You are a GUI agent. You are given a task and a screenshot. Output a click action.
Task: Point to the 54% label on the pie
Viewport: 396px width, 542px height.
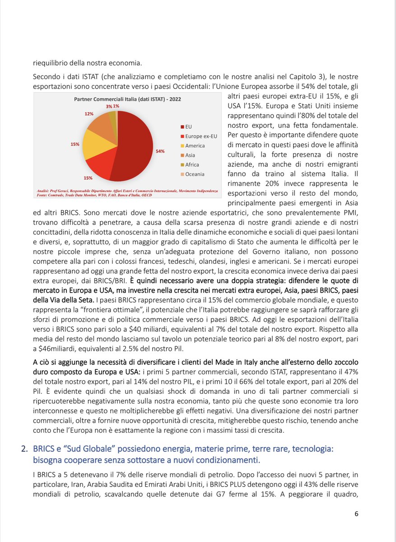pyautogui.click(x=160, y=152)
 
